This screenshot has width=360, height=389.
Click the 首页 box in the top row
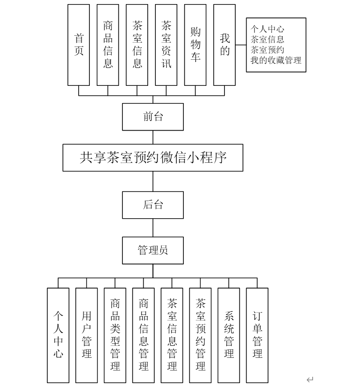(79, 45)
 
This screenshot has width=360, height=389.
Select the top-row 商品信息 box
(108, 45)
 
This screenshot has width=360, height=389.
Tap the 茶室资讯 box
(166, 45)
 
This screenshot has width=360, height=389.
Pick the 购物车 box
(195, 45)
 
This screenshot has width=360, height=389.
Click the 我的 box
(224, 45)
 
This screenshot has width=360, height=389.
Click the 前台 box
(153, 117)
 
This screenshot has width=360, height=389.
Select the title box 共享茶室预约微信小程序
(153, 158)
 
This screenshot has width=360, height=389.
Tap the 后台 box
(153, 205)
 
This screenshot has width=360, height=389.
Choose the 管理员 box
(153, 250)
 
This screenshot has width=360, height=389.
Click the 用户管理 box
(87, 335)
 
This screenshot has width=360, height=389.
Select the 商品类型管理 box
(115, 335)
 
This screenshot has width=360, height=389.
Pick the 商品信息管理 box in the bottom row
(144, 335)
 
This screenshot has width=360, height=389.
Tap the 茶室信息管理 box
(172, 335)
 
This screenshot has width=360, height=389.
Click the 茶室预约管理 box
(201, 335)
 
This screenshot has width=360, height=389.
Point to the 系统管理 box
(229, 335)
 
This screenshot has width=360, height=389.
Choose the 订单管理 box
(257, 335)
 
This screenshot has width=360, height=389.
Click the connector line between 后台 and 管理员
(153, 227)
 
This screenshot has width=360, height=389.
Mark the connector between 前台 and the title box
(153, 137)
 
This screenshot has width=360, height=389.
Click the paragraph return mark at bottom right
(310, 380)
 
